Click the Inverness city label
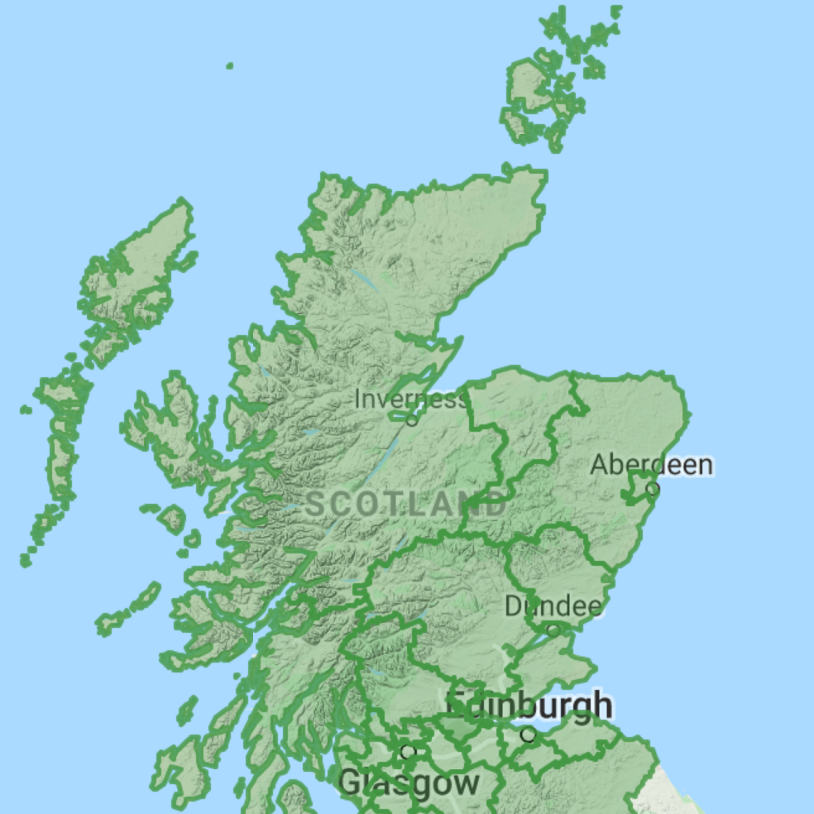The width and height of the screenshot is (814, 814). pos(409,400)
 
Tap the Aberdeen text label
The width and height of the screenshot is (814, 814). pos(650,465)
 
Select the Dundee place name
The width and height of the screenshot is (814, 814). pos(553,606)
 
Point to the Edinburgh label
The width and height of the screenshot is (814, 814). pos(529,706)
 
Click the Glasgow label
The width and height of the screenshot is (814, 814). pos(409,782)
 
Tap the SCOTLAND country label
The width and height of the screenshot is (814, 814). pos(405,503)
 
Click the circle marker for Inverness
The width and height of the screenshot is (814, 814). pos(412,420)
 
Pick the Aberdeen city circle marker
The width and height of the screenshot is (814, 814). pos(653,489)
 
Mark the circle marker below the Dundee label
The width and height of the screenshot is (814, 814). pos(553,630)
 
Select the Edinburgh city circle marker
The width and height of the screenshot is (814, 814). pos(528,734)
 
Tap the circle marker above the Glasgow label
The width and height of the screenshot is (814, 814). pos(407,752)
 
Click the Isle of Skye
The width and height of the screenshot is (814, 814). pos(170,430)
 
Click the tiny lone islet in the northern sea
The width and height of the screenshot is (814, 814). pos(229,65)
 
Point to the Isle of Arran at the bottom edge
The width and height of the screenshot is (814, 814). pos(294,798)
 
